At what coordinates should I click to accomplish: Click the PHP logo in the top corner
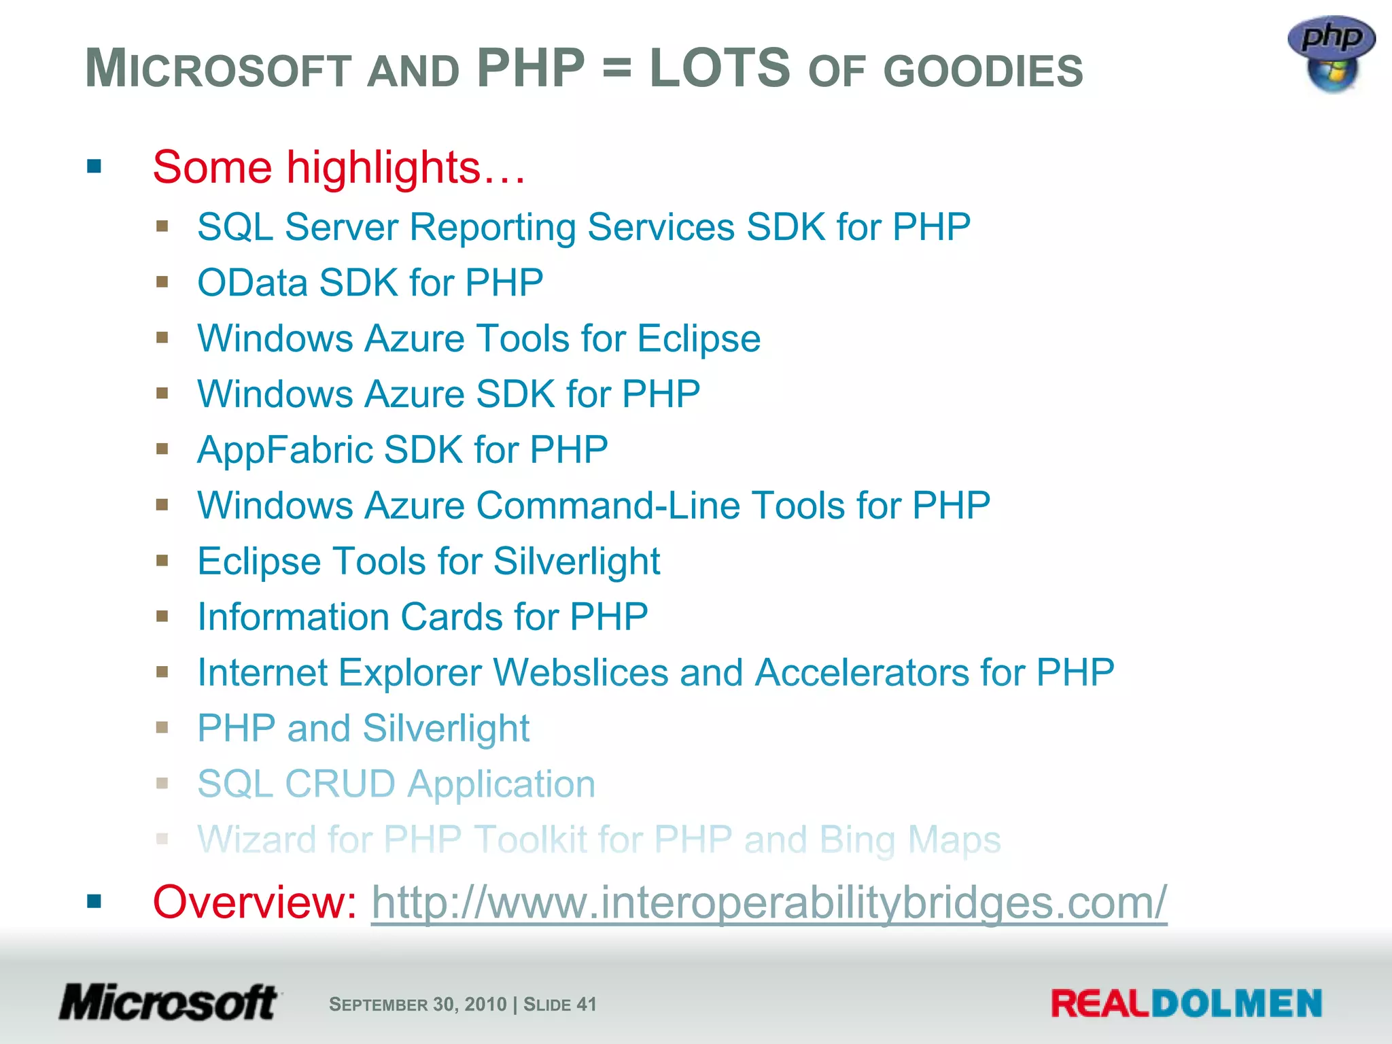tap(1331, 53)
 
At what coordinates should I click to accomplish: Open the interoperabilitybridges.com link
tap(769, 903)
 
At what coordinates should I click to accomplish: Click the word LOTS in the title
tap(720, 69)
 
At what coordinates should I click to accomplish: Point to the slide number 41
tap(586, 1005)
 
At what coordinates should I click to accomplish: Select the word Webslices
tap(580, 673)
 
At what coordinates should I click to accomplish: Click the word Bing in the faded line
tap(858, 840)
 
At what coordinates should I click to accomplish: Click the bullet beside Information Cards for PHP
tap(162, 616)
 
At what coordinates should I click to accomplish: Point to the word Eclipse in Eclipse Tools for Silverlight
tap(259, 561)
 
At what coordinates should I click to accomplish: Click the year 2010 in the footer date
tap(485, 1005)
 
